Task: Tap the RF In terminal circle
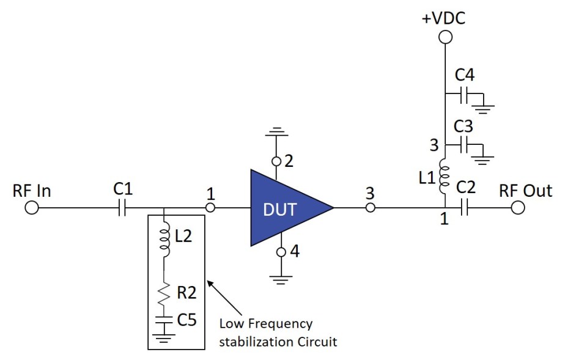click(x=31, y=208)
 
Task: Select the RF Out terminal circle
click(x=518, y=208)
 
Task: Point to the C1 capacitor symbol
click(x=122, y=208)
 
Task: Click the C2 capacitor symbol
click(x=466, y=208)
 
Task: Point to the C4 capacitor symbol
click(x=466, y=95)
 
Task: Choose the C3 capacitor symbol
click(x=466, y=145)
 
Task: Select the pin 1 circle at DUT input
click(x=210, y=208)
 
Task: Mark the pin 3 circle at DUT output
click(x=370, y=208)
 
